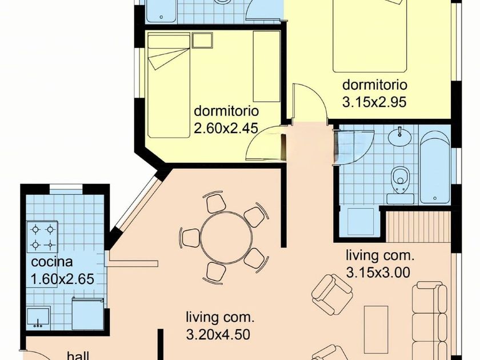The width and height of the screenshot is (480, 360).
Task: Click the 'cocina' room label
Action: click(52, 262)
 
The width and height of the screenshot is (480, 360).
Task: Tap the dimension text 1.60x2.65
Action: click(62, 279)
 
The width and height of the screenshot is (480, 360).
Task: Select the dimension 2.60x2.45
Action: click(226, 128)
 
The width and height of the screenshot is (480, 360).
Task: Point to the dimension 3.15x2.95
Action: click(374, 102)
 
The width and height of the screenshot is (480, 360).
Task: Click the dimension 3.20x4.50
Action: click(218, 334)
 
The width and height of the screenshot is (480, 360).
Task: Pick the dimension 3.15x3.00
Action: click(378, 272)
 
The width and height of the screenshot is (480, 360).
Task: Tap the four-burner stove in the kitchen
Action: click(42, 237)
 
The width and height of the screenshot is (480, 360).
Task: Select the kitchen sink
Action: click(38, 317)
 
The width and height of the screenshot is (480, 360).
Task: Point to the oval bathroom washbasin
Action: click(400, 136)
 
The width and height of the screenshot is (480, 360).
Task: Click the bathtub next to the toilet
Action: click(435, 167)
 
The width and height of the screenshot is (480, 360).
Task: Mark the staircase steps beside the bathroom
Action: click(418, 226)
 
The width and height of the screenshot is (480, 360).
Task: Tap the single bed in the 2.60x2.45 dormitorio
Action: click(169, 86)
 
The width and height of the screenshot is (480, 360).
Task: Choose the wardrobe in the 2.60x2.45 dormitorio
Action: click(266, 66)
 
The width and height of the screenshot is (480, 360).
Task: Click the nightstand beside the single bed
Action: click(202, 41)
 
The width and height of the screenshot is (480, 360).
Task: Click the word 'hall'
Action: click(78, 355)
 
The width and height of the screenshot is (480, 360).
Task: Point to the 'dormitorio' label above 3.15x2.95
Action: click(375, 85)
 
